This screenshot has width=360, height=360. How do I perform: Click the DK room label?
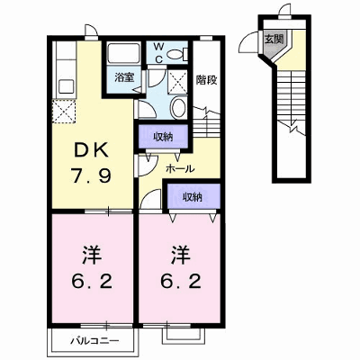[91, 150]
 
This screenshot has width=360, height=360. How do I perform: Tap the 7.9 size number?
[91, 175]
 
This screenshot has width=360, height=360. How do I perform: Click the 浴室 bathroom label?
[124, 77]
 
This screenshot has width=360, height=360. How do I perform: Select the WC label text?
[159, 53]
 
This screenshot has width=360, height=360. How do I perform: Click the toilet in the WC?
[176, 54]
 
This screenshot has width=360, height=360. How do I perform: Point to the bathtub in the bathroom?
[124, 53]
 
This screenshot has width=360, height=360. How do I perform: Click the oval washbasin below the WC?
[178, 107]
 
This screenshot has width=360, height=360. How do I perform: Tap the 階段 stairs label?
[207, 80]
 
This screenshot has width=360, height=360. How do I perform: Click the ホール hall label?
[180, 168]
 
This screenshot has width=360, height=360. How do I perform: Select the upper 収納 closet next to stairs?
[164, 137]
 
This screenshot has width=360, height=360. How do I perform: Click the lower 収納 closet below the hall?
[193, 196]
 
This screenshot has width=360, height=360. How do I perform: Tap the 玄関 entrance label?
[274, 38]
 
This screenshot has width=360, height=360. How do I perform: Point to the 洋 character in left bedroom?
[91, 256]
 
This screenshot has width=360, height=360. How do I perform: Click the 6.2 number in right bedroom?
[180, 282]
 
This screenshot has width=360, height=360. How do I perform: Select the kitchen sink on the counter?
[67, 86]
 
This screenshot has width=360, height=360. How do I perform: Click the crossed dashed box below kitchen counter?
[64, 111]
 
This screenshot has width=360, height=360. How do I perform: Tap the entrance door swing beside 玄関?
[248, 42]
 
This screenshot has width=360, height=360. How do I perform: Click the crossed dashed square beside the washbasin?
[176, 82]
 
